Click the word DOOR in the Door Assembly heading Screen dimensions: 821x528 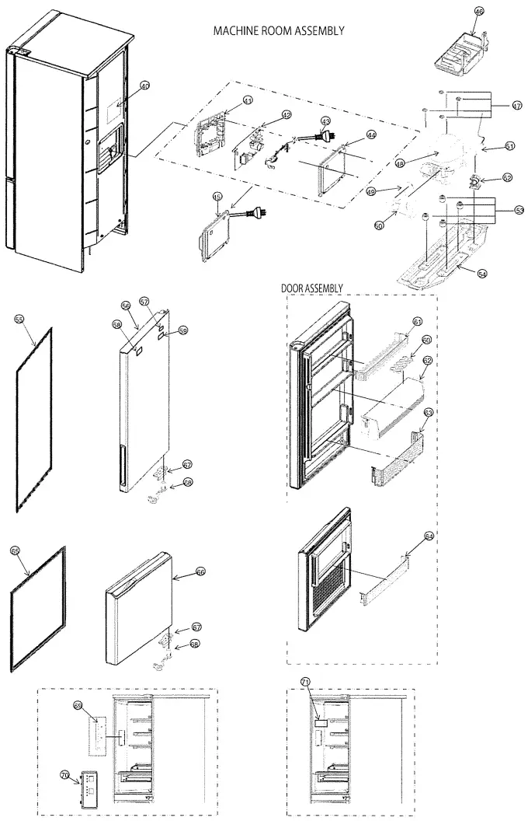pyautogui.click(x=294, y=288)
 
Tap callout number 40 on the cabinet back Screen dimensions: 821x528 pyautogui.click(x=144, y=86)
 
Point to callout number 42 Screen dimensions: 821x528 pyautogui.click(x=287, y=115)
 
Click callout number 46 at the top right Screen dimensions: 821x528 pyautogui.click(x=479, y=12)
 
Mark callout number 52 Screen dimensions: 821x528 pyautogui.click(x=507, y=177)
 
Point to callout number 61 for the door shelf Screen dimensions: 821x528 pyautogui.click(x=417, y=321)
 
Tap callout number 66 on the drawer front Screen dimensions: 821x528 pyautogui.click(x=200, y=571)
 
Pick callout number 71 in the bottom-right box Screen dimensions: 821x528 pyautogui.click(x=305, y=682)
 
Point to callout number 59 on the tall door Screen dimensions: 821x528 pyautogui.click(x=183, y=330)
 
